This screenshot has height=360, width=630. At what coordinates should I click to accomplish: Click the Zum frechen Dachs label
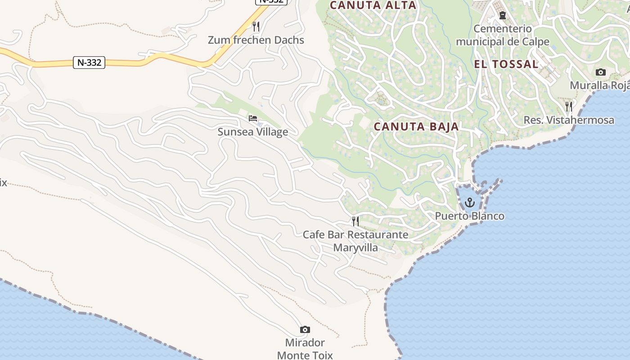(256, 40)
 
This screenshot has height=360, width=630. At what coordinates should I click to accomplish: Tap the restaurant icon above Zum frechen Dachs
(256, 26)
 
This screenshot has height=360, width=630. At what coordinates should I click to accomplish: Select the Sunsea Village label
(252, 132)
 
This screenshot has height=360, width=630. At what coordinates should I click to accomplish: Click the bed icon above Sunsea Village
(253, 118)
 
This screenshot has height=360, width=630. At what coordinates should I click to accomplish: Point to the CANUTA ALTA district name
(373, 5)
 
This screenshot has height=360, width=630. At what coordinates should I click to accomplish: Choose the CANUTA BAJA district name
(416, 127)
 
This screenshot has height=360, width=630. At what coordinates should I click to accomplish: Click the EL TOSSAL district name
(506, 64)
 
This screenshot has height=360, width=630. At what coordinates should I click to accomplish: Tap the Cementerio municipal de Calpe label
(502, 35)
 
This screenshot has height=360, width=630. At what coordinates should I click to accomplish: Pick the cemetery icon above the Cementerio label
(503, 15)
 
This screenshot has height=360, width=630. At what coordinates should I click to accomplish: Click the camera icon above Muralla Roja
(600, 72)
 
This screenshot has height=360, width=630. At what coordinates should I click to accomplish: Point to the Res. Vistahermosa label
(569, 120)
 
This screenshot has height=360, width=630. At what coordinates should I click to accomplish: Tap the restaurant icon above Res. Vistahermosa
(569, 107)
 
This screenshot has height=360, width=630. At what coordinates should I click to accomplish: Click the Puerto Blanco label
(469, 216)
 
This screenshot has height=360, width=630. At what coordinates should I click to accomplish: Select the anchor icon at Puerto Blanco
(470, 202)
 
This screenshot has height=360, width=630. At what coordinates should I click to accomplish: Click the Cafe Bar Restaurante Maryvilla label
(355, 241)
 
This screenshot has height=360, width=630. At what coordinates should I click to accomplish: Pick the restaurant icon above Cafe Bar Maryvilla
(355, 221)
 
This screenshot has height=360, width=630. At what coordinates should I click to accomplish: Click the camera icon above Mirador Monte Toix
(305, 330)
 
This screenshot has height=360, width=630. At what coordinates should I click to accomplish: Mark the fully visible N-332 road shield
(89, 63)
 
